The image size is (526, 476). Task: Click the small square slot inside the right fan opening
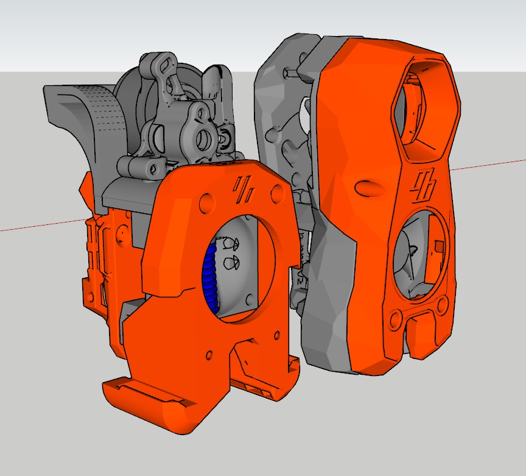[438, 247]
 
